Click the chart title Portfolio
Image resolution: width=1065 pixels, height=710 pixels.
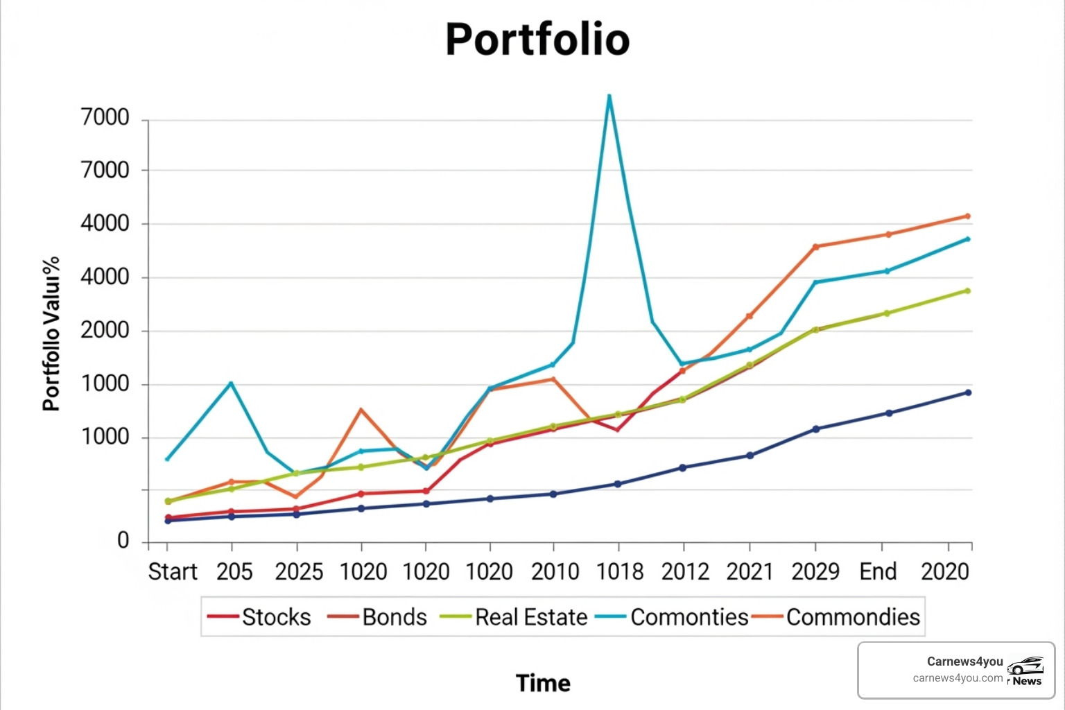pos(537,39)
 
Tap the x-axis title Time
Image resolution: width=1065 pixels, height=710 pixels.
pos(543,683)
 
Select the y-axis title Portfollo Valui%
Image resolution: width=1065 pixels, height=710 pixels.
pos(51,334)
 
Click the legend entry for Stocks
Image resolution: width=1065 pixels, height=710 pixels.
pos(276,617)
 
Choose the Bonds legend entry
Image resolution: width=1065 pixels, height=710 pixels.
pos(394,617)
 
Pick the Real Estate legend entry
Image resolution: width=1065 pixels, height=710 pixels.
pos(531,617)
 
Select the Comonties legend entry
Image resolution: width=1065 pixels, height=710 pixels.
pos(689,617)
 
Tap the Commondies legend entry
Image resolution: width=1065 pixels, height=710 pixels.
pos(853,617)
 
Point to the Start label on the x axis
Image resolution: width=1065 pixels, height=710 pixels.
pos(173,572)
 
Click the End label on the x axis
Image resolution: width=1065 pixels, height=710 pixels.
pos(878,572)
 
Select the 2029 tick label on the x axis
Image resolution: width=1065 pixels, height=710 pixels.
pos(815,572)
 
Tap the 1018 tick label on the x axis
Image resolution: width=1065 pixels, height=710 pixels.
pos(620,572)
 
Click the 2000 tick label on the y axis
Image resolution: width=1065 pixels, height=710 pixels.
pos(105,331)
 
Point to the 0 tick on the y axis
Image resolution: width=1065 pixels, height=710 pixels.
pos(123,541)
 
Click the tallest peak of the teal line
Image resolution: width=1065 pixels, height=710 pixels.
pos(609,96)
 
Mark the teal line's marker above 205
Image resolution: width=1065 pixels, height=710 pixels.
pos(231,383)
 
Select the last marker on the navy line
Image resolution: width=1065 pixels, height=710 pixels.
pos(968,392)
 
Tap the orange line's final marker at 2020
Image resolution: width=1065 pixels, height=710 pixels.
pos(967,216)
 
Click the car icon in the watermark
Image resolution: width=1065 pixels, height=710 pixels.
pos(1025,666)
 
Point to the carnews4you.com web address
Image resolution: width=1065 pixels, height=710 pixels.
pos(958,678)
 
